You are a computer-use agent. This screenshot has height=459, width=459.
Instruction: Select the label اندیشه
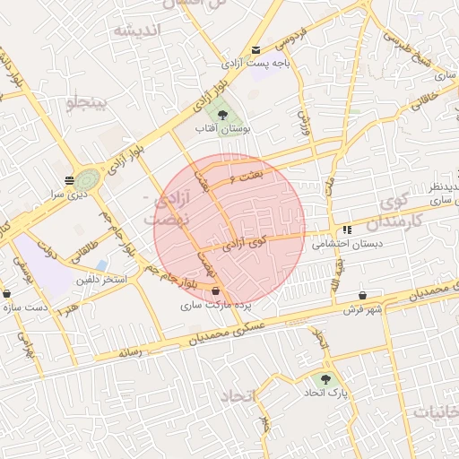click(x=135, y=31)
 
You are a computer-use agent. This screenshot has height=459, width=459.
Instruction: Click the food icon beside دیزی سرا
click(x=69, y=179)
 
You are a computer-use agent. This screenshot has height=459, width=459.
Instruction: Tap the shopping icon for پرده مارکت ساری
click(x=216, y=290)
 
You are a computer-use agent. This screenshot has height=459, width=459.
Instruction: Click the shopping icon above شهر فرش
click(x=362, y=295)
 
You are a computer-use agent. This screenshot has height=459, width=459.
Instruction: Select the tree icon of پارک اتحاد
click(x=325, y=378)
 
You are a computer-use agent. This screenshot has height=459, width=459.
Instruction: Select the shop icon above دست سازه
click(x=7, y=293)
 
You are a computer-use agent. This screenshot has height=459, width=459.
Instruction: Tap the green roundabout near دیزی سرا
click(x=88, y=180)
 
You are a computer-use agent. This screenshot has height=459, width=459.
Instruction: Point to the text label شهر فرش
click(x=362, y=309)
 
